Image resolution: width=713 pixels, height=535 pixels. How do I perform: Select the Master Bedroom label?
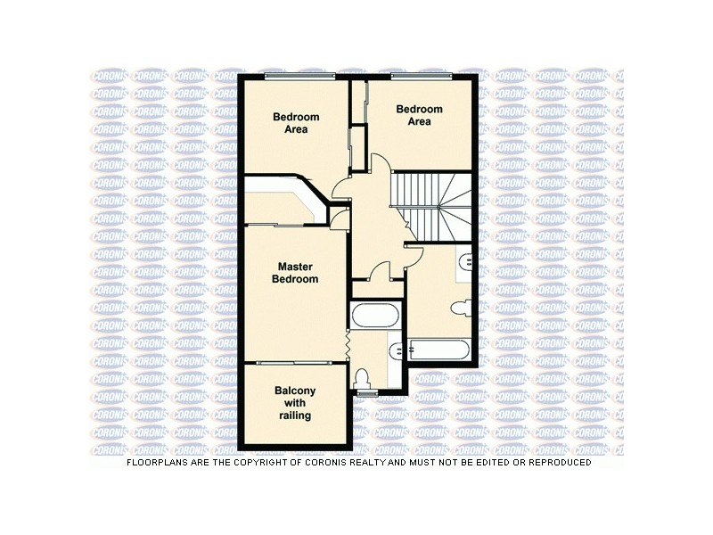pos(293,273)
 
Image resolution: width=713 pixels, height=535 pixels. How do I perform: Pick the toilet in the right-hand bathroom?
pos(461,309)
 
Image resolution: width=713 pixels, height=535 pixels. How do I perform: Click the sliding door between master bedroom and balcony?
pos(293,362)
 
